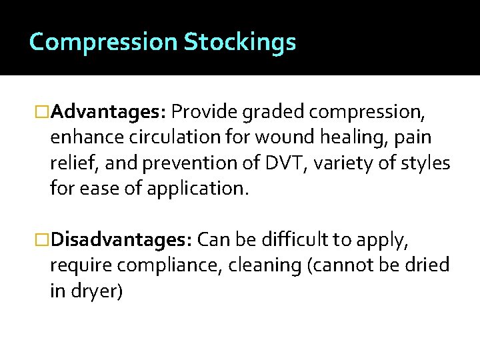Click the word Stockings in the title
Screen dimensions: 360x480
[239, 43]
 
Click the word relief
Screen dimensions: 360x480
[70, 163]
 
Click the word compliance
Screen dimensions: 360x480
[169, 265]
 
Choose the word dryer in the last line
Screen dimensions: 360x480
[97, 291]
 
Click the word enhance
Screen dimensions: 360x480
[83, 138]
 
